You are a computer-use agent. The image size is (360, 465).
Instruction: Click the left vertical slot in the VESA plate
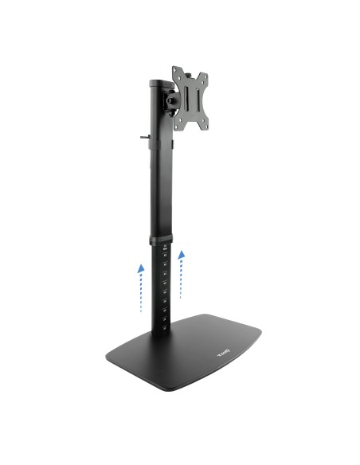[x=185, y=99]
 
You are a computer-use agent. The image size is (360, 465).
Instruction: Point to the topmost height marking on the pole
[x=165, y=250]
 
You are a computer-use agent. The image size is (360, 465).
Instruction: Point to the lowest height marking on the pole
[x=165, y=322]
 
